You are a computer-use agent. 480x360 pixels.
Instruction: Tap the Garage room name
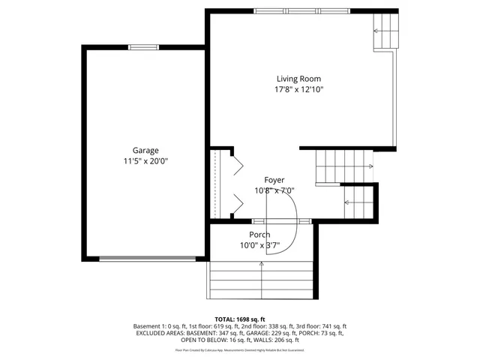point(145,150)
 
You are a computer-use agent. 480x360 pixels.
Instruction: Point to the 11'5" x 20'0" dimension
point(145,161)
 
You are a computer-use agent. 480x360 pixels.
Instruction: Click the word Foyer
point(274,180)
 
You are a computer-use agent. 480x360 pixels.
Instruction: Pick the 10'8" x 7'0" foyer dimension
point(274,190)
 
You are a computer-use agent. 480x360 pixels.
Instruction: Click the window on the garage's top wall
point(144,47)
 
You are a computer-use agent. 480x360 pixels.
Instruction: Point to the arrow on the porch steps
point(261,264)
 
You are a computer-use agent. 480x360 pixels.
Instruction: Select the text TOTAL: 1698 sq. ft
point(240,319)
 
